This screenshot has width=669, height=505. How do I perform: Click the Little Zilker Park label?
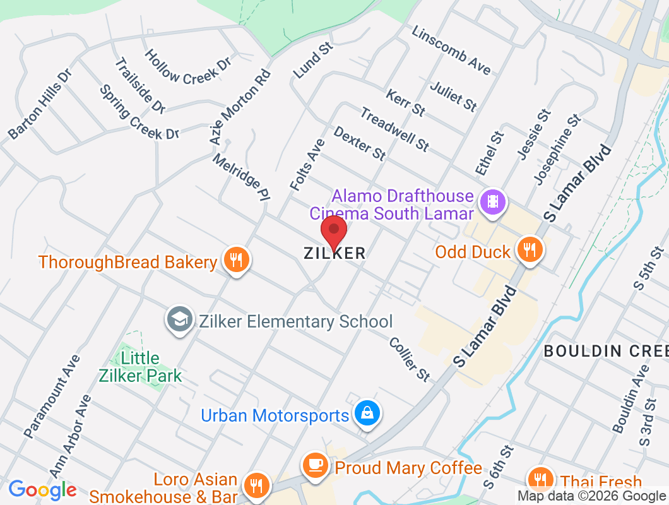coord(140,367)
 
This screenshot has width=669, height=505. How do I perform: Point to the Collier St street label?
coord(410,359)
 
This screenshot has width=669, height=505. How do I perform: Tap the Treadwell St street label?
coord(394,129)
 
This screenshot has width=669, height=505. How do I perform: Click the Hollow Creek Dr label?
coord(188,68)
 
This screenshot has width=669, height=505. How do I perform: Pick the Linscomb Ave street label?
coord(451,50)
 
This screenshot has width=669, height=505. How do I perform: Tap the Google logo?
coord(42,489)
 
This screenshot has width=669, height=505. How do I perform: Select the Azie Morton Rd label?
coord(239,105)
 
